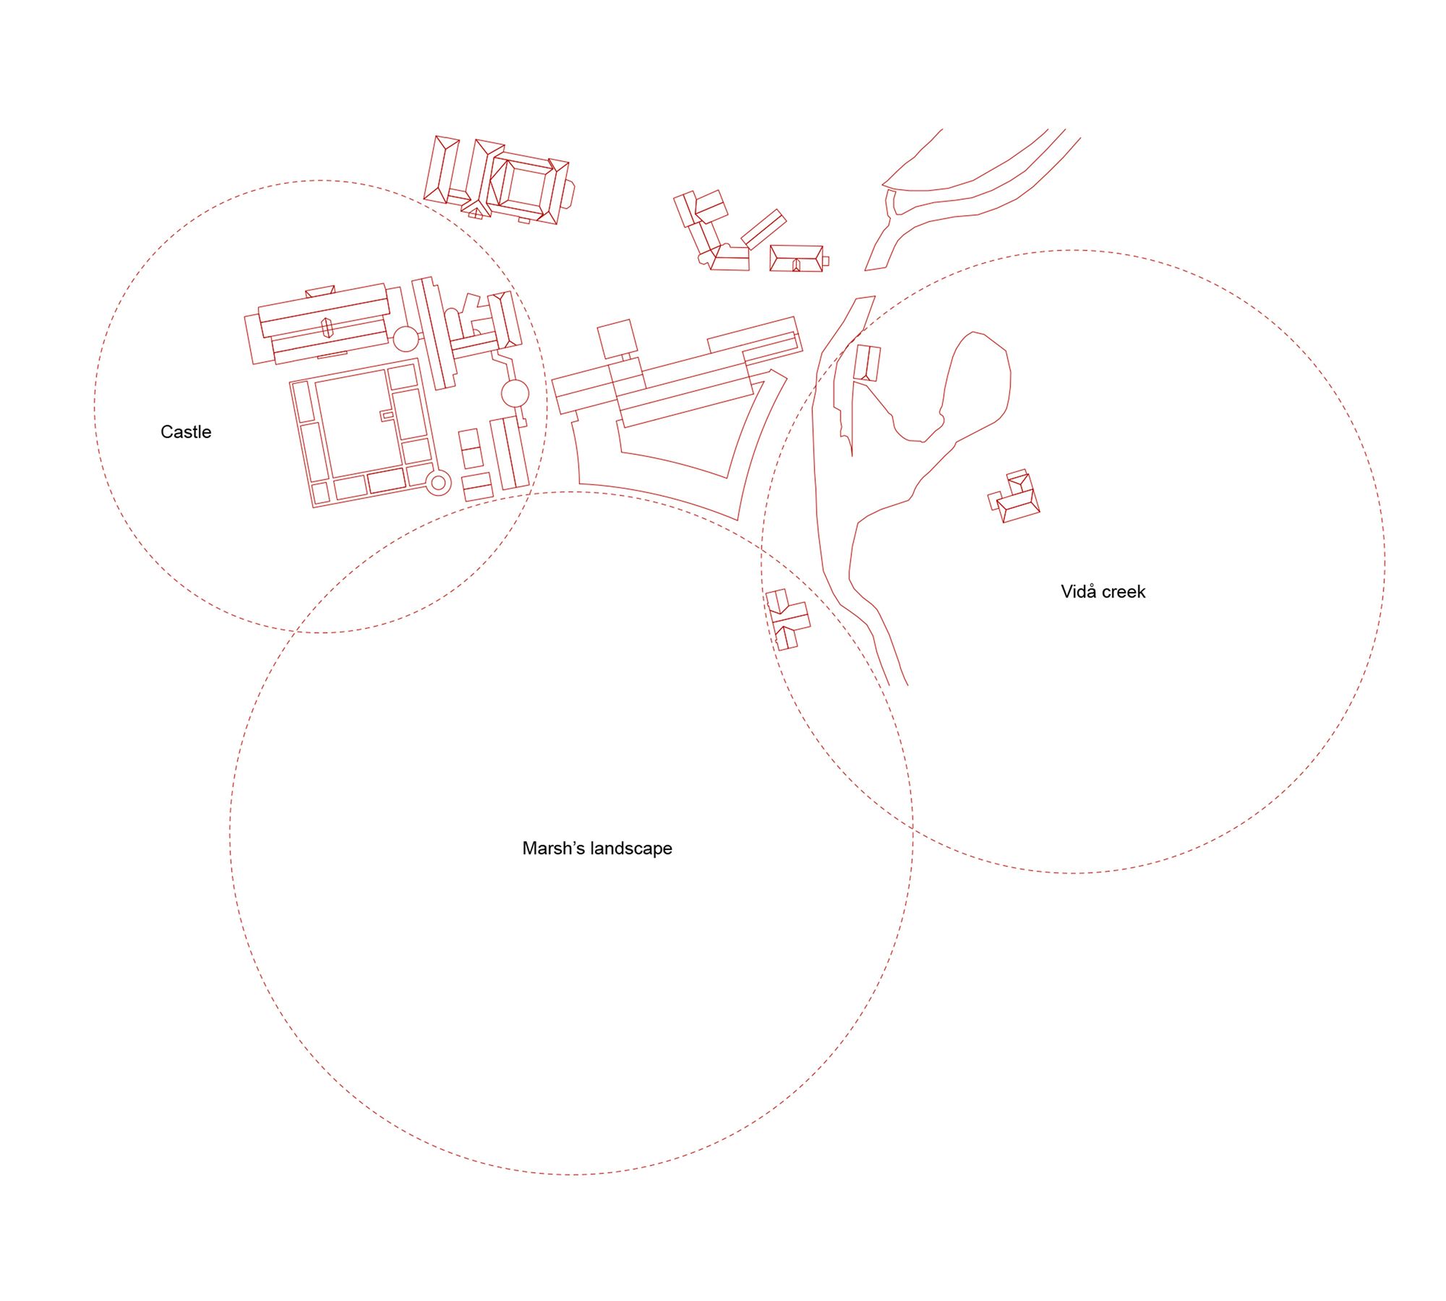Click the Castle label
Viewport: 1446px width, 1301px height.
[186, 432]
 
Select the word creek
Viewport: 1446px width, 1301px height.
[1124, 592]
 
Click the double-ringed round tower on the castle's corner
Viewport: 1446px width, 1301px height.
[438, 482]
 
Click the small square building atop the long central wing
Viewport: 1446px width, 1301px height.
[616, 338]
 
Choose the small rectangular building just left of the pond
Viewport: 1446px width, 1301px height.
[867, 363]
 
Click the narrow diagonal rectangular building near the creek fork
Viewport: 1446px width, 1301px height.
[763, 229]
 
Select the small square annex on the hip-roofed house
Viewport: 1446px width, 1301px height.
[826, 261]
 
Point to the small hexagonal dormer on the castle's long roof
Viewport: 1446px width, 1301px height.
[327, 328]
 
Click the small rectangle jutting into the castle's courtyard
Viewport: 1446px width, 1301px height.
[387, 416]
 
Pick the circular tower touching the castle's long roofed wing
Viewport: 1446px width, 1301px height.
[406, 338]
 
